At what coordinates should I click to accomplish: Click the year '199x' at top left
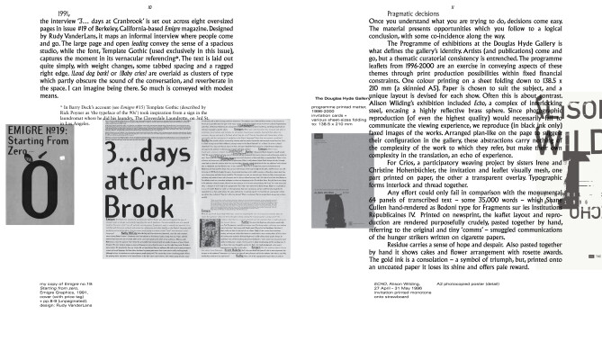pyautogui.click(x=61, y=13)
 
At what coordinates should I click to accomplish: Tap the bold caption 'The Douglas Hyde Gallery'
pyautogui.click(x=316, y=123)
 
